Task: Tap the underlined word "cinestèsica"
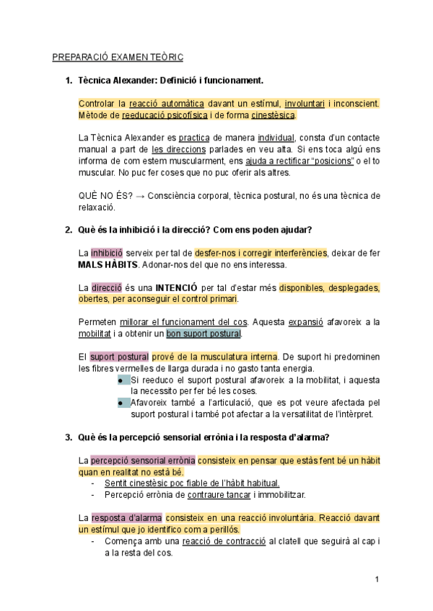coord(273,115)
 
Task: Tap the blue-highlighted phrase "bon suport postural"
coord(204,334)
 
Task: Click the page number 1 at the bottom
coord(377,579)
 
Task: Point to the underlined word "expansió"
coord(305,322)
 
